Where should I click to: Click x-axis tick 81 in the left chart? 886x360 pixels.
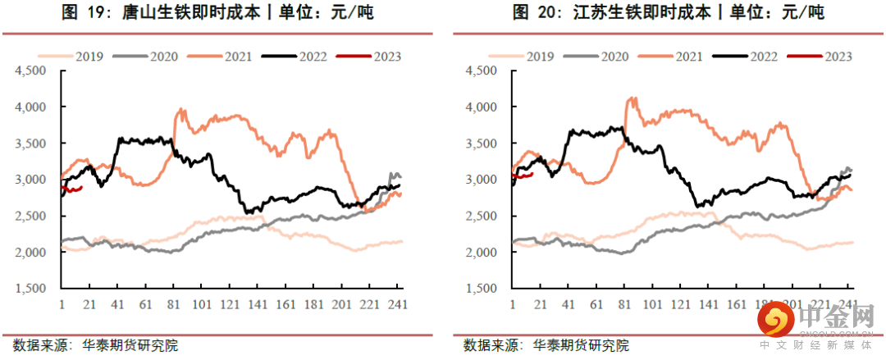pos(173,303)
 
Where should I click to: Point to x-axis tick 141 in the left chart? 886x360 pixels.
pos(257,303)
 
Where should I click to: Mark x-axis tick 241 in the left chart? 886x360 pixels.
pos(397,303)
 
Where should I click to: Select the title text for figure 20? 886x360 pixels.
pos(669,13)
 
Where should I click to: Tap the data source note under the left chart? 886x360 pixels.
pos(95,345)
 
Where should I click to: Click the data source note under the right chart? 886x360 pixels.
pos(546,345)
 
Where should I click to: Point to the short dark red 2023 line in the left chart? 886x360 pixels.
pos(72,189)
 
